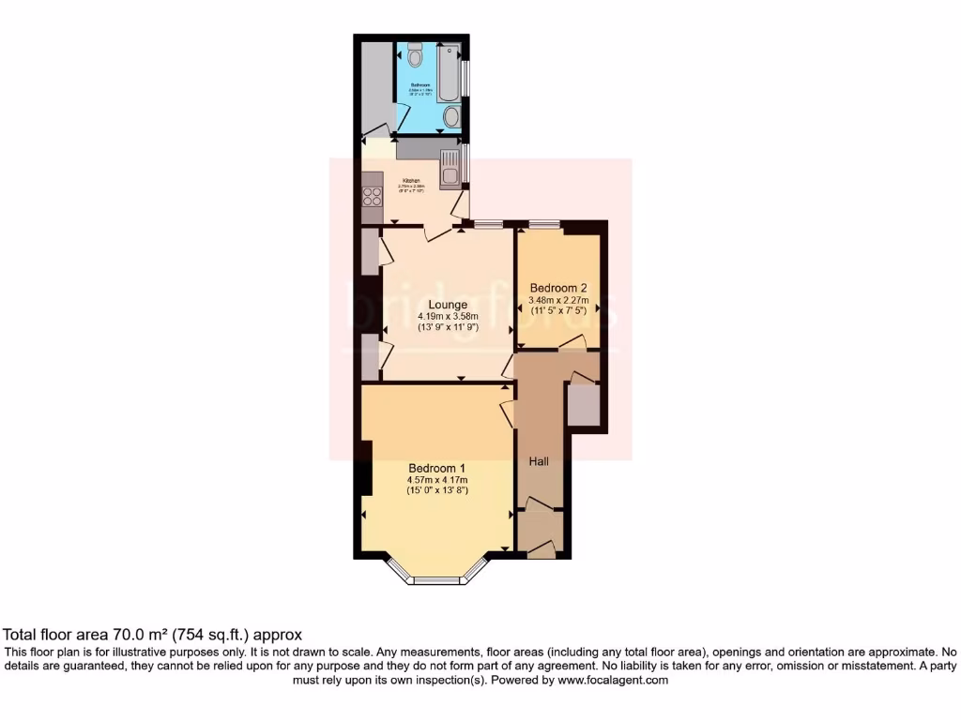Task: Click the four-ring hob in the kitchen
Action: [x=372, y=197]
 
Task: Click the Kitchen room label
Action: [x=411, y=181]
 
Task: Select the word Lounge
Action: [x=448, y=305]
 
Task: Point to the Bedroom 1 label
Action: [x=437, y=468]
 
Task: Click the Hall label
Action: [x=539, y=461]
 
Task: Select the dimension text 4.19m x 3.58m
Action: [x=448, y=317]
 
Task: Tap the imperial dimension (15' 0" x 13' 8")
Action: [x=437, y=490]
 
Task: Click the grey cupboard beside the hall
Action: [x=583, y=405]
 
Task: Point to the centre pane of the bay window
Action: [x=438, y=581]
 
